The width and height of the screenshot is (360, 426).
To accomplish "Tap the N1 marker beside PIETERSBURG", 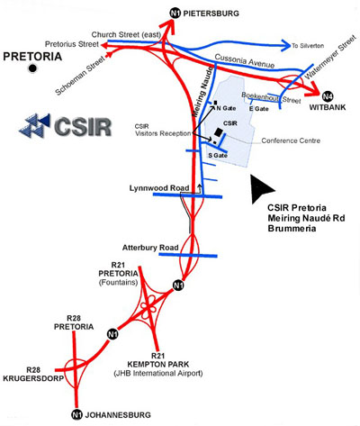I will click(175, 13).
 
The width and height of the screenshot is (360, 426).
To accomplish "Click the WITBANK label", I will click(328, 108).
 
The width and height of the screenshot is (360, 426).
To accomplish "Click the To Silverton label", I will click(307, 43).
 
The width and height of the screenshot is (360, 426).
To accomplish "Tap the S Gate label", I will click(218, 155).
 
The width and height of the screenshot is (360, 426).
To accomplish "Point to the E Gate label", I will click(259, 109).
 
